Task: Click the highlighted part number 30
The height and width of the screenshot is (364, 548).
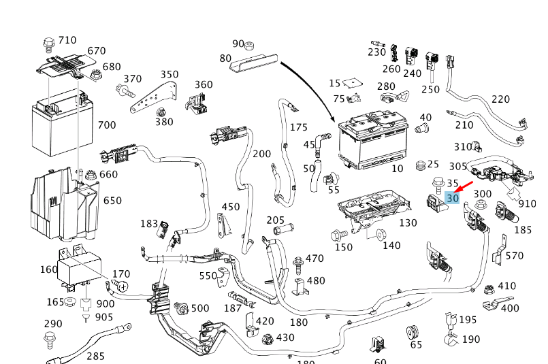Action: coord(453,198)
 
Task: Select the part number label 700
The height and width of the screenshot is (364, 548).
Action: coord(107,125)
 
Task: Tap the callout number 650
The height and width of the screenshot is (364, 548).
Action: coord(112,201)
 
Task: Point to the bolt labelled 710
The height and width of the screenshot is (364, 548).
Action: coord(48,46)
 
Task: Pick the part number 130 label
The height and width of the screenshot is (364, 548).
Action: coord(408,223)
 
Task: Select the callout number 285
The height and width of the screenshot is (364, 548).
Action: coord(95,356)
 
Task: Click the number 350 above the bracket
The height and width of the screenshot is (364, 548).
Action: coord(170,75)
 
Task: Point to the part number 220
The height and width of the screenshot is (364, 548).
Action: coord(500,99)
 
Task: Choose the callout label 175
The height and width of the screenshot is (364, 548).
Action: coord(299,127)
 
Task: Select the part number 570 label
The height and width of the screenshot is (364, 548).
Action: coord(515,256)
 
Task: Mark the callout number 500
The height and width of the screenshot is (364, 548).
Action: coord(199,308)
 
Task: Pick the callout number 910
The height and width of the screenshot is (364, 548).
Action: coord(527,203)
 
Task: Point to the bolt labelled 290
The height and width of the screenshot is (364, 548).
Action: coord(49,338)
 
